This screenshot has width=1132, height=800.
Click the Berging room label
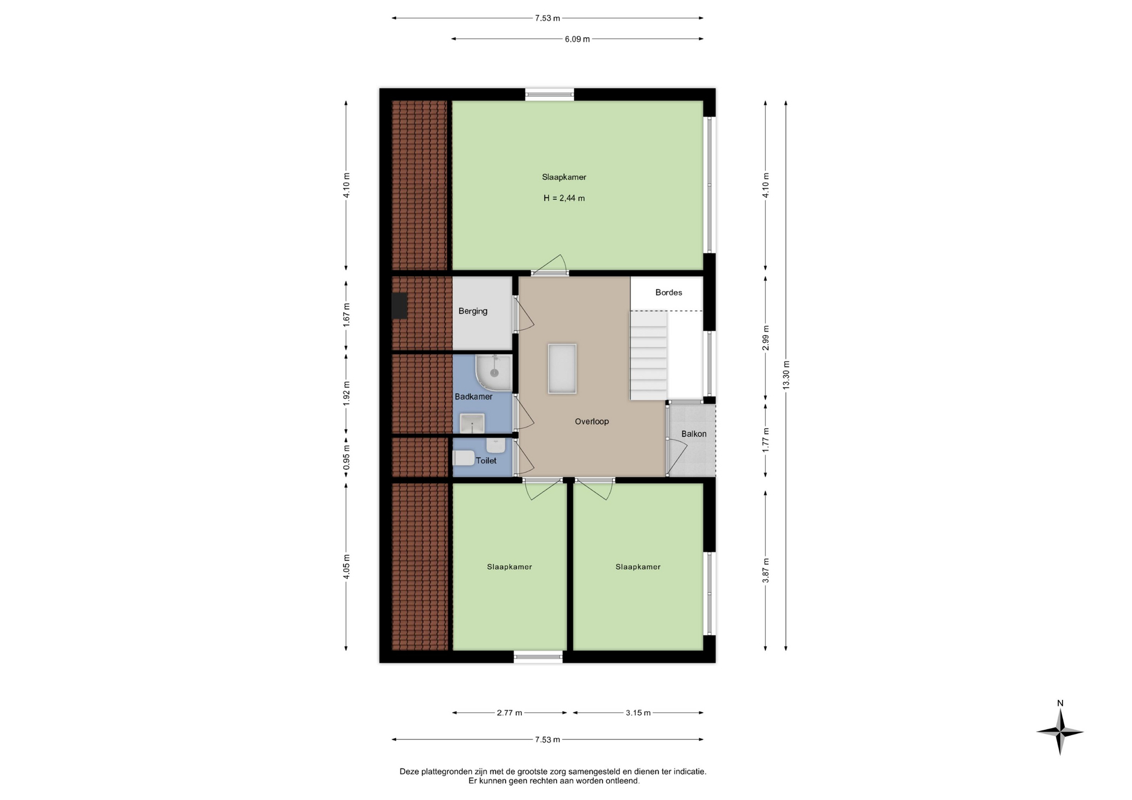pyautogui.click(x=473, y=311)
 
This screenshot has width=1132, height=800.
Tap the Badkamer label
pyautogui.click(x=473, y=396)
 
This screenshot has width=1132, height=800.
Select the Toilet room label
pyautogui.click(x=486, y=461)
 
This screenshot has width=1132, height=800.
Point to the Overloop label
pyautogui.click(x=592, y=421)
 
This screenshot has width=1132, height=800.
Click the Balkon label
pyautogui.click(x=694, y=434)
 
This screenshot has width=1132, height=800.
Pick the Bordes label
pyautogui.click(x=669, y=292)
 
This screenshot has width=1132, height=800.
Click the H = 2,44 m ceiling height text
pyautogui.click(x=564, y=198)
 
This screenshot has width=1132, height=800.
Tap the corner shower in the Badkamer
pyautogui.click(x=494, y=372)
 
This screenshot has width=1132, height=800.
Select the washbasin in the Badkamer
pyautogui.click(x=472, y=423)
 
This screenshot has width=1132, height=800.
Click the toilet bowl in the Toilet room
pyautogui.click(x=464, y=458)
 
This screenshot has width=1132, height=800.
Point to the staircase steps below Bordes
pyautogui.click(x=649, y=355)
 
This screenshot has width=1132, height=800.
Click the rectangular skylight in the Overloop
pyautogui.click(x=562, y=369)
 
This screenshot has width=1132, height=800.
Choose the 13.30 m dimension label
pyautogui.click(x=786, y=375)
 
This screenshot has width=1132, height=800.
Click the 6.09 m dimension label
pyautogui.click(x=577, y=39)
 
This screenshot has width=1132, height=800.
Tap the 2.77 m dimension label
pyautogui.click(x=509, y=713)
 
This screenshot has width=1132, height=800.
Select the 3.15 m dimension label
pyautogui.click(x=639, y=713)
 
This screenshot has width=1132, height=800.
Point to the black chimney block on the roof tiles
pyautogui.click(x=400, y=306)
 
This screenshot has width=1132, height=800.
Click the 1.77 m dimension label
pyautogui.click(x=765, y=440)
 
